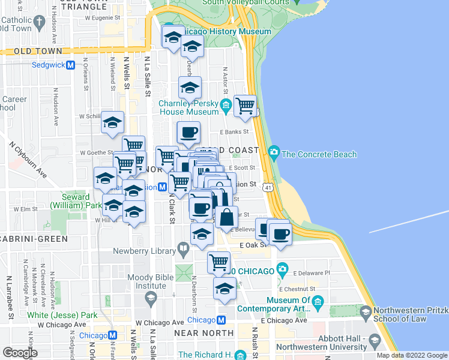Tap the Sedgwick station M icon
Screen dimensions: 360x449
(70, 65)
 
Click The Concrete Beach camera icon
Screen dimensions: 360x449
(274, 151)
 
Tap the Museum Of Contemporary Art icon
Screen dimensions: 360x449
(318, 301)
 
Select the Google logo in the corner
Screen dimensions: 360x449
(19, 352)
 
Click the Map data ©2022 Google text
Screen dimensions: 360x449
(412, 355)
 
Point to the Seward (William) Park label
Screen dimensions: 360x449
(76, 201)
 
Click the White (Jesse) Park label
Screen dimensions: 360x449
(62, 315)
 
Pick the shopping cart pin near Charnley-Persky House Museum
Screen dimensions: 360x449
(245, 106)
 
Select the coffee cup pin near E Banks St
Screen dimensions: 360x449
(188, 131)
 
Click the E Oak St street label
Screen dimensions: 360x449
(253, 245)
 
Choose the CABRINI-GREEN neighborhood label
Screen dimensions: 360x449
(34, 239)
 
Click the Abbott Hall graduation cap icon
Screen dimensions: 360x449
(375, 341)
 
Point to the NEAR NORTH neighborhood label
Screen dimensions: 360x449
(203, 332)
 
